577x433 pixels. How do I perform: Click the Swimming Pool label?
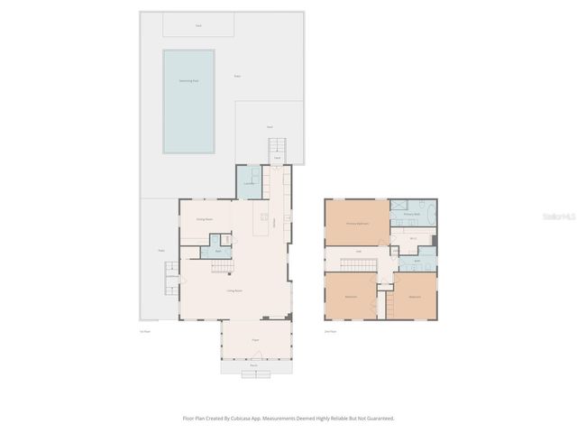[x=188, y=80]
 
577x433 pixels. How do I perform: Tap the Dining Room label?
[x=205, y=218]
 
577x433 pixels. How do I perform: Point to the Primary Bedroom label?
[x=358, y=223]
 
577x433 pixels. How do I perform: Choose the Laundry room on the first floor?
[x=249, y=183]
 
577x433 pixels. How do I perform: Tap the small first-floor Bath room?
[x=216, y=250]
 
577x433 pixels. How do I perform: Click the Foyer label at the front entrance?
[x=255, y=339]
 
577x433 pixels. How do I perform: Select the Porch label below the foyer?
[x=255, y=364]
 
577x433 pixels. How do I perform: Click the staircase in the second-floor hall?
[x=359, y=263]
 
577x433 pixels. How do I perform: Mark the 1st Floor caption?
[x=144, y=332]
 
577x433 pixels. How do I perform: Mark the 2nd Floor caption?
[x=330, y=332]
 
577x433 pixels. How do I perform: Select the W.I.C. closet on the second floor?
[x=412, y=238]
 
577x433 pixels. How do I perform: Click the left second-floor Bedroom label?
[x=351, y=297]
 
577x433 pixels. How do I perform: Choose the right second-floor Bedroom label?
[x=415, y=297]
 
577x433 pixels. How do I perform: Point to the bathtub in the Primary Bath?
[x=429, y=214]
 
